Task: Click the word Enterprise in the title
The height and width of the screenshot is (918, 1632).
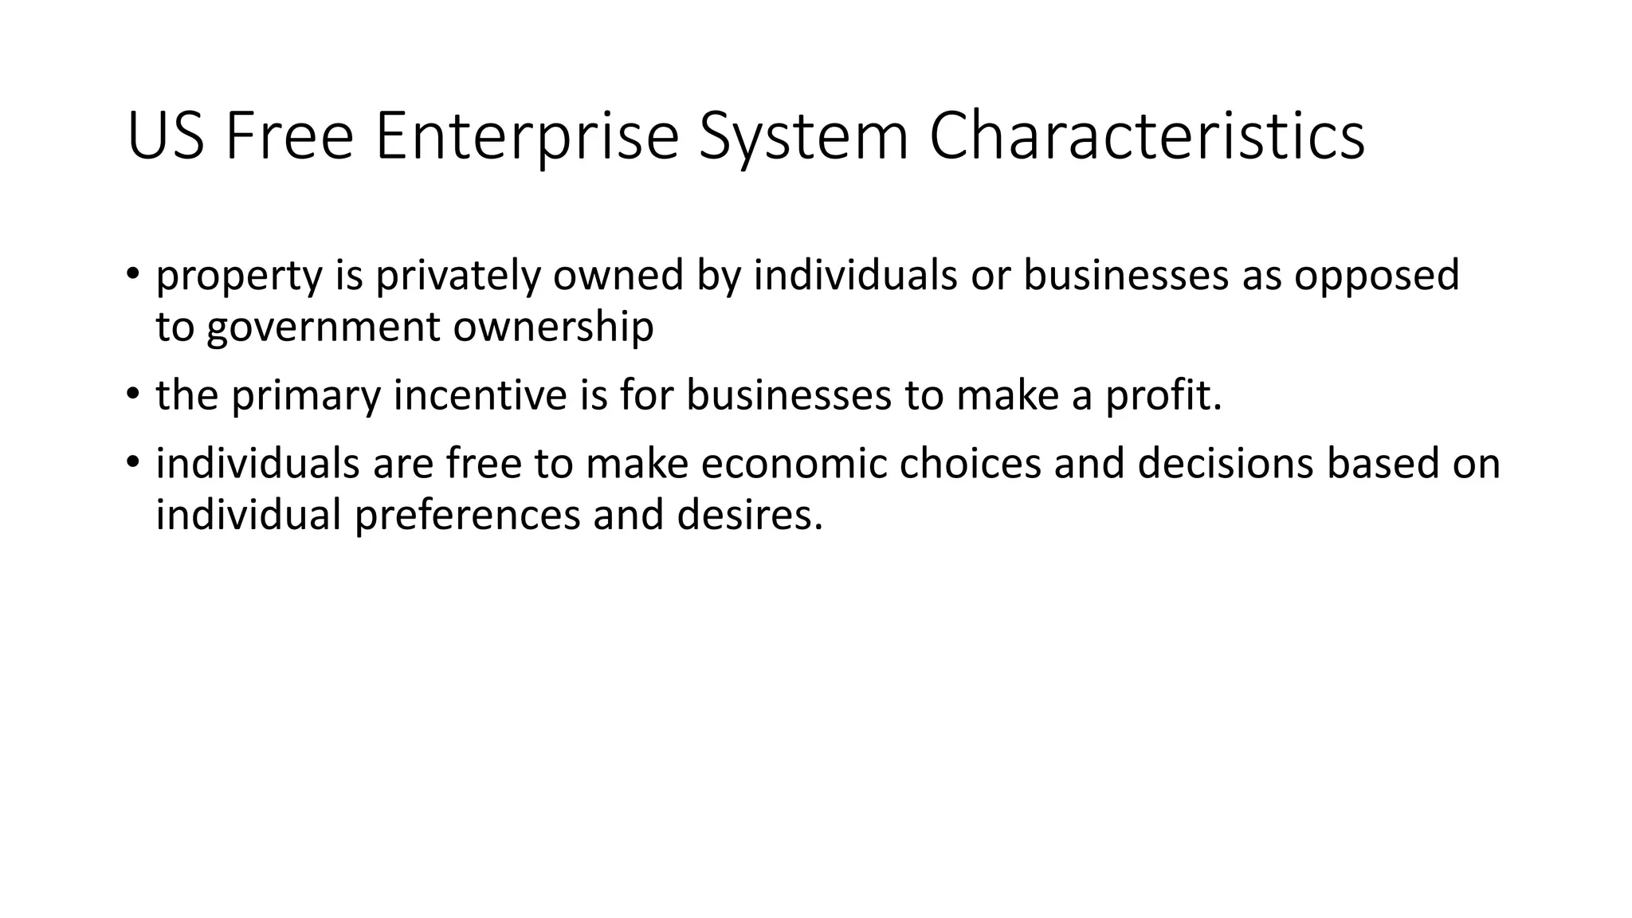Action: click(x=526, y=137)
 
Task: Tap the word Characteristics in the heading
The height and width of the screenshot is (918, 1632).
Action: click(x=1147, y=137)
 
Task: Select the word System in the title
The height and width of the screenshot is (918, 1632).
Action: click(x=803, y=137)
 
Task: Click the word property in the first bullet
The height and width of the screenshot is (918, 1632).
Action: click(x=239, y=276)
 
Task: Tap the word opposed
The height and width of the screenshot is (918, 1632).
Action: click(x=1376, y=276)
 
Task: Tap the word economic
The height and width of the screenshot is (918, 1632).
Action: click(x=794, y=464)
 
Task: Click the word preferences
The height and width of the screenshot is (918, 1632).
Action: click(x=467, y=516)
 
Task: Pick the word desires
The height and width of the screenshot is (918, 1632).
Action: click(x=749, y=515)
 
